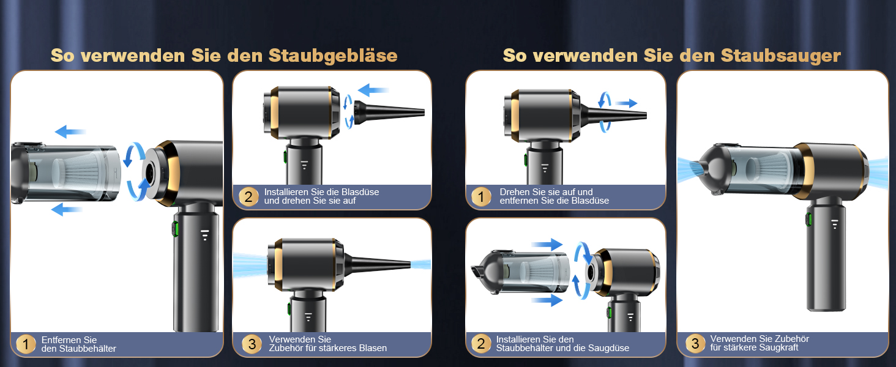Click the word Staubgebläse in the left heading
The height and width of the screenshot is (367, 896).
click(333, 56)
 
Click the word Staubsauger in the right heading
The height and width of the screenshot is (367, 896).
click(780, 56)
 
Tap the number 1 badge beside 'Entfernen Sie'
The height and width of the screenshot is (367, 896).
click(26, 344)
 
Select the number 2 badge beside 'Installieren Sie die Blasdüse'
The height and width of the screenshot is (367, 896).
click(248, 196)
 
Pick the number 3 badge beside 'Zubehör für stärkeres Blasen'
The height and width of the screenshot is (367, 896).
click(252, 343)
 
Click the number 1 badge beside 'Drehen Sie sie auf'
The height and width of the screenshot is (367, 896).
click(481, 196)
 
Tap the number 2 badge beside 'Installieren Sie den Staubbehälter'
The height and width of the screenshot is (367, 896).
click(481, 343)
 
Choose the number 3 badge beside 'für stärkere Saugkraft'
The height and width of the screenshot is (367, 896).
click(695, 343)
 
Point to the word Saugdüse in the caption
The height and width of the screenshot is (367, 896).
click(610, 348)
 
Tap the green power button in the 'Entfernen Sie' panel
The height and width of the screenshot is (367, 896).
click(175, 229)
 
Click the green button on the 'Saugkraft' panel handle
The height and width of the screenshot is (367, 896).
click(808, 219)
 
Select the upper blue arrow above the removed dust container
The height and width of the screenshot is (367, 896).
click(70, 132)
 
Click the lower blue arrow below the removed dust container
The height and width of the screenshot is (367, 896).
click(66, 209)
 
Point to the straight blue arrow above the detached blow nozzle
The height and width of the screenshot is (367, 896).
click(373, 90)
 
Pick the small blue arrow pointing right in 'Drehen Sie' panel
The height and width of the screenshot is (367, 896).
click(626, 103)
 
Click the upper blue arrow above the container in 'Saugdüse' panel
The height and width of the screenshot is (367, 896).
click(547, 244)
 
